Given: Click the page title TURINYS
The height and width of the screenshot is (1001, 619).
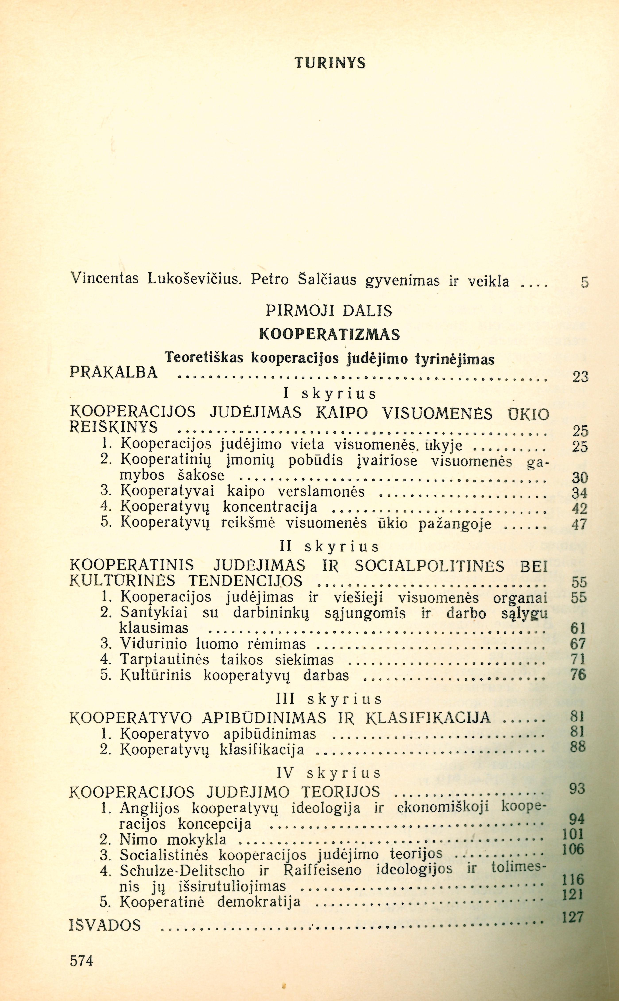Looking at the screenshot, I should [x=330, y=63].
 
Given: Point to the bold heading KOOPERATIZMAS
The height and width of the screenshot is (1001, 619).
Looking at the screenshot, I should [x=330, y=335].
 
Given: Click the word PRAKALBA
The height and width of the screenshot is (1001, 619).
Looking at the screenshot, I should [x=114, y=372].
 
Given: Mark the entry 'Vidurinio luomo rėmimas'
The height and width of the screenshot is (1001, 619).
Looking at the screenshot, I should [x=213, y=644].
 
